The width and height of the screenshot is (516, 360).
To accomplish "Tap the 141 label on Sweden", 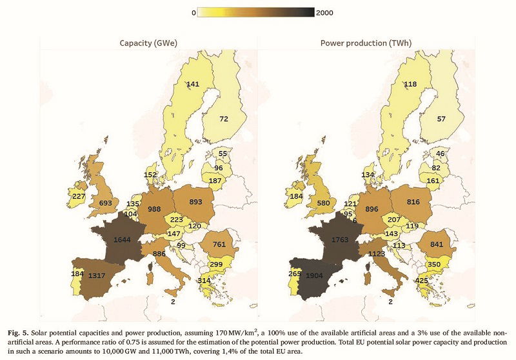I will pyautogui.click(x=192, y=85).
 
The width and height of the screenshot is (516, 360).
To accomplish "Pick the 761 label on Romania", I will pyautogui.click(x=219, y=245).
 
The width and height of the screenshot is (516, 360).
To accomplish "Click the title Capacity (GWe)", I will pyautogui.click(x=148, y=43).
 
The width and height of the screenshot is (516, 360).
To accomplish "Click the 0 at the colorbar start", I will pyautogui.click(x=194, y=12).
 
